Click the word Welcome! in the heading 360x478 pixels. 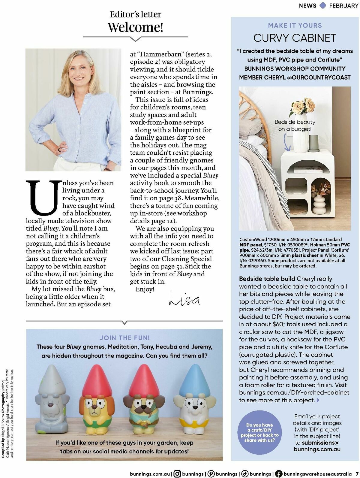(136, 27)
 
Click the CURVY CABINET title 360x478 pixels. (295, 38)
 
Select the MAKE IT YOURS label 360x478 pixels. (295, 26)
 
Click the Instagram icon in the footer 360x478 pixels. (177, 474)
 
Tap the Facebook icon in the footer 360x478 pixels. (278, 474)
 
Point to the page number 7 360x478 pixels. (357, 474)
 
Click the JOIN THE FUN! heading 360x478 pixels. (124, 338)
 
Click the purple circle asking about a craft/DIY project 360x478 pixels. (259, 433)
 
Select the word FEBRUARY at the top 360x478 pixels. (343, 6)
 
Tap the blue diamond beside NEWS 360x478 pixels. (323, 5)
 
